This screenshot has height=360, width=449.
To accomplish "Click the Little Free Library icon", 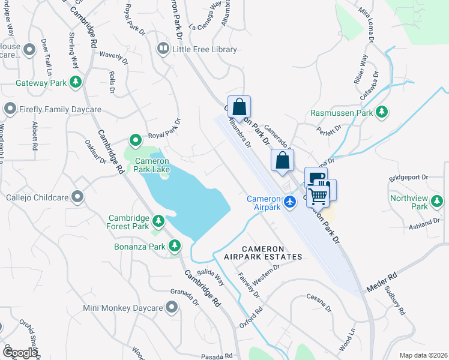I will pos(163,49).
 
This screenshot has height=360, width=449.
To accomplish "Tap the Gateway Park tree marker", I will pos(76,82).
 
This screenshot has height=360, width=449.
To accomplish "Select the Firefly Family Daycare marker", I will pos(10,109).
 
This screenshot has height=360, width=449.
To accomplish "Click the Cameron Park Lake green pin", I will pos(135,140).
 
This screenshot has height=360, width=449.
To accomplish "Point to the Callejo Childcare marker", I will pos(77,196).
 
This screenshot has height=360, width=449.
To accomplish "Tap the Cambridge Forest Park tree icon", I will pos(158,221).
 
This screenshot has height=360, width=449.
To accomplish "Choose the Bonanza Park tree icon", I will pos(175,245).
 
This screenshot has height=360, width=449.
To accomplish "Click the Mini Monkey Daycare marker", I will pos(172,308).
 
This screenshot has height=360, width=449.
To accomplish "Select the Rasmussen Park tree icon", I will pos(381,112).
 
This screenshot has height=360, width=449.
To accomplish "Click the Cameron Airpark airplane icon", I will pos(291,202).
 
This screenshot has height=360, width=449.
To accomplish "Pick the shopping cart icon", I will pos(319,195).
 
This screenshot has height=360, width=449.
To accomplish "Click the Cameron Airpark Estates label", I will pos(263,253).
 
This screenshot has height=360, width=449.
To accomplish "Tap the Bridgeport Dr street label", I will pos(408,178).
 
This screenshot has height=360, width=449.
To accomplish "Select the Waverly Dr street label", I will pos(113,58).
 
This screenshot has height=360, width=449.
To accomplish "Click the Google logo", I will pos(20,353).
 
